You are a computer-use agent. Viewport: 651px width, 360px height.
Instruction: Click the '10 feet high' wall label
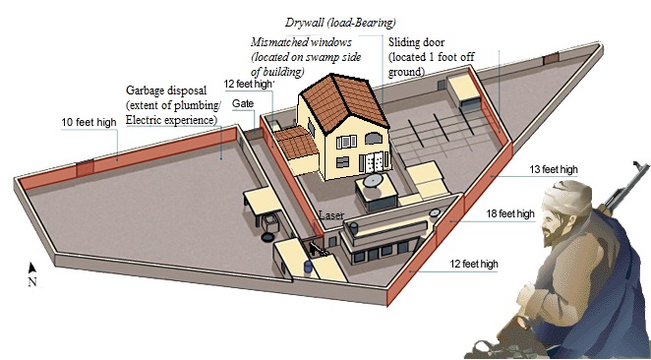[x=89, y=123]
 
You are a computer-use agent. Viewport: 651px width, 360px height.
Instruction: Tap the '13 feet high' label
[x=554, y=169]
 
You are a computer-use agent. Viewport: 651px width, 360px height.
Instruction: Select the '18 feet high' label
[x=510, y=213]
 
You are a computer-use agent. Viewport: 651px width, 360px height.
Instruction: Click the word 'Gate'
[x=243, y=103]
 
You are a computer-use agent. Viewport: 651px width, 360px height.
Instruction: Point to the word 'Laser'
[x=331, y=215]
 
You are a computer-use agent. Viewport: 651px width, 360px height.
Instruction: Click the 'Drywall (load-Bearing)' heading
[x=340, y=23]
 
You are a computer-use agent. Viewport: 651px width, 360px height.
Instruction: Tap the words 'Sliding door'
[x=416, y=42]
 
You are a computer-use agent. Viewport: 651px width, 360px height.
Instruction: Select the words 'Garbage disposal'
[x=166, y=90]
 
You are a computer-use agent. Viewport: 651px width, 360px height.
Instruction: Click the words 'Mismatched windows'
[x=301, y=42]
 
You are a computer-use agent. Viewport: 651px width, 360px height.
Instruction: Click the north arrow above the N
[x=31, y=268]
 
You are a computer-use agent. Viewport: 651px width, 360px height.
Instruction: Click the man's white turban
[x=567, y=196]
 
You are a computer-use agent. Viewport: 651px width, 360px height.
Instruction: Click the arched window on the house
[x=374, y=139]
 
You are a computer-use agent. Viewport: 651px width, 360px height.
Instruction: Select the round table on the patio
[x=373, y=180]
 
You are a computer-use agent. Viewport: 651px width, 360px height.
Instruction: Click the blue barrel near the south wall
[x=308, y=267]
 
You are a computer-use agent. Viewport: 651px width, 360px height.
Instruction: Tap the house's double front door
[x=377, y=161]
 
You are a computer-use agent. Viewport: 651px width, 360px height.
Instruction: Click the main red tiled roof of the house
[x=344, y=102]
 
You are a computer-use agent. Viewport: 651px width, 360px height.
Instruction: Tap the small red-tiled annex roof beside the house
[x=296, y=143]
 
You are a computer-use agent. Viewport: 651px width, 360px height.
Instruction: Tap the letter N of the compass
[x=32, y=282]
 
